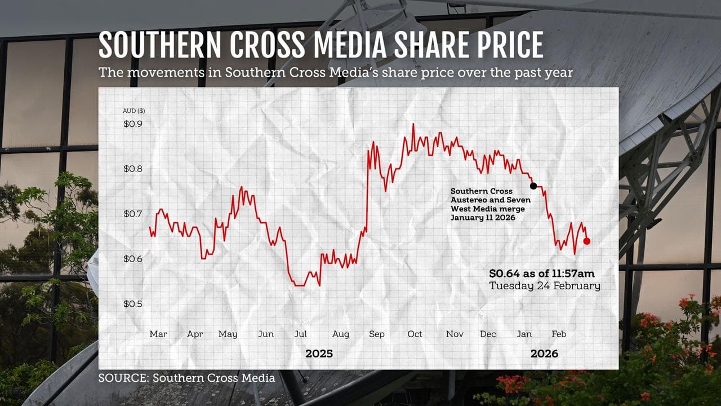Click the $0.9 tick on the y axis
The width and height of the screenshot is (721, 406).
pos(133,124)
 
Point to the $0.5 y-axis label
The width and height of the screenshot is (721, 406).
pos(133,304)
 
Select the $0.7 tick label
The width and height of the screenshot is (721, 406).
pos(133,214)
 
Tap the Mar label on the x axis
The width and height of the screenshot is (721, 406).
pos(158,334)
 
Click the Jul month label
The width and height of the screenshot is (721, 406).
pos(301,334)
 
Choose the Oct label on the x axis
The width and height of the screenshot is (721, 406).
pos(415,334)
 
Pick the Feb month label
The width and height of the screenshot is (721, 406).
pos(559,334)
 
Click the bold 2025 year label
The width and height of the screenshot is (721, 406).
pos(319,354)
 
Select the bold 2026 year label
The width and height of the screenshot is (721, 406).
pos(544,354)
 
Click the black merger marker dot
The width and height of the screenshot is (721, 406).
pos(533,186)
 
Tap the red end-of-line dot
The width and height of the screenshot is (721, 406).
pos(587,241)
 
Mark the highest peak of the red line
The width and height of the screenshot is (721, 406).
pos(413,124)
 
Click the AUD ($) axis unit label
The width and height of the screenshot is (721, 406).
pos(134,111)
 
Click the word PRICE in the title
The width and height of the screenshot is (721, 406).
pos(503,45)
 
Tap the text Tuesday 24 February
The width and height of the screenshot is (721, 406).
pos(545,286)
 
